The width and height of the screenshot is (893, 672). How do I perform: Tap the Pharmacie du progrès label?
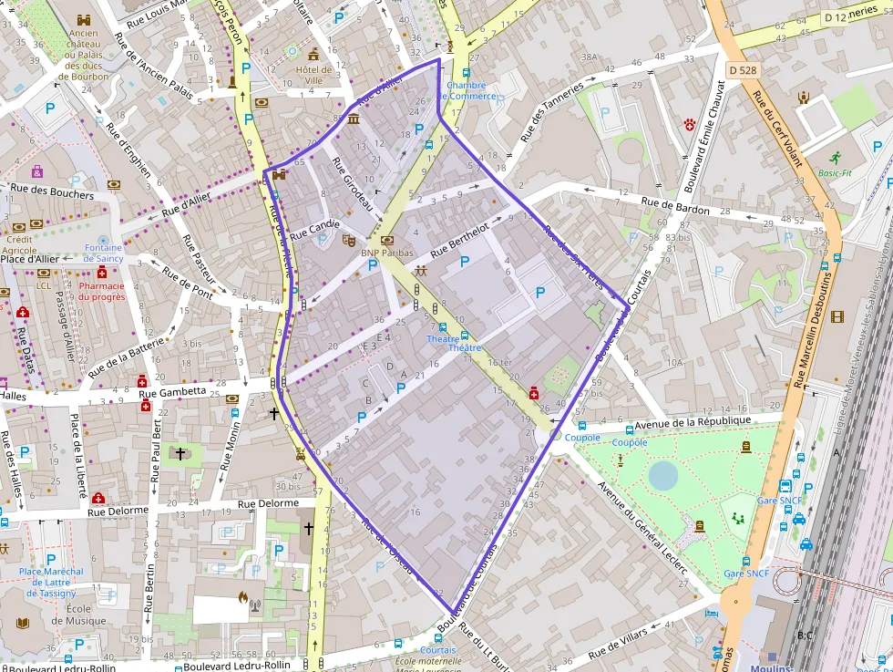pos(102,291)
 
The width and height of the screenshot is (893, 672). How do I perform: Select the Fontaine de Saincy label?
pos(103,253)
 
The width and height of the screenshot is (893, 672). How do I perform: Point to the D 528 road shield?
pos(743,69)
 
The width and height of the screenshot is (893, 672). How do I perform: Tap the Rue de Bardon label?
pos(674,205)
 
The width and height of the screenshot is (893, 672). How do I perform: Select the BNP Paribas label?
pos(387,253)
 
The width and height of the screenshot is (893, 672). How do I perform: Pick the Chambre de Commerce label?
pos(471,90)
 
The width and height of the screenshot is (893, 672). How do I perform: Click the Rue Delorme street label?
pos(268,503)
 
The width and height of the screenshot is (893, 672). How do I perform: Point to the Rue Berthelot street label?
pos(459,238)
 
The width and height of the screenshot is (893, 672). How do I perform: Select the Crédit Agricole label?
pos(19,244)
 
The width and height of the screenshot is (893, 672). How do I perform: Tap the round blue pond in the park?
pos(663,474)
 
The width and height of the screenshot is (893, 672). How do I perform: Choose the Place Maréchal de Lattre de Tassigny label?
pos(50,583)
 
